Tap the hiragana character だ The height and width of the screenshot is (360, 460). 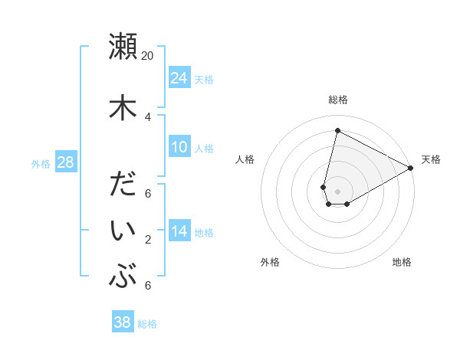(123, 186)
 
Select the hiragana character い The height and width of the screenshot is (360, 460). (123, 233)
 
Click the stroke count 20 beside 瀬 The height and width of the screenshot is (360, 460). (148, 56)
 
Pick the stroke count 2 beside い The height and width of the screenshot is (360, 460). (148, 240)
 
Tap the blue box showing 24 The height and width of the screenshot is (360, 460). (179, 77)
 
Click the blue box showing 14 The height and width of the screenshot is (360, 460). (179, 231)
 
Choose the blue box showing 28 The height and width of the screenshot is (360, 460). (65, 162)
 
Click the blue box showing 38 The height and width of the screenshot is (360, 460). (123, 322)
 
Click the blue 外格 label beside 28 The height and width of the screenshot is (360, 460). (41, 163)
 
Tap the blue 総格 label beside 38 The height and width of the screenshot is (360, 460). (147, 324)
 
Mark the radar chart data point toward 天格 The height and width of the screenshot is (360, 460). (411, 169)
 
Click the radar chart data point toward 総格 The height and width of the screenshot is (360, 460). (337, 131)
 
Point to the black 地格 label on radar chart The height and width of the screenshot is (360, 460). (402, 263)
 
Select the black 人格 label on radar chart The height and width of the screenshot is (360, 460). (245, 159)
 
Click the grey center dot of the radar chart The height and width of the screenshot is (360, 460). (337, 191)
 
